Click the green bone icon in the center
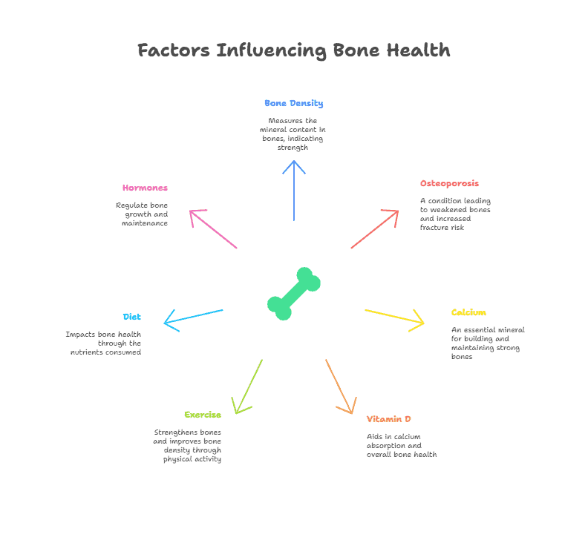pos(293,294)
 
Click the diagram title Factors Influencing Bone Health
pos(293,50)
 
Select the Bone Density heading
pos(293,103)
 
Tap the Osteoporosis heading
pos(449,183)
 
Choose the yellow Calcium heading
pos(468,312)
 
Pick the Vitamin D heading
pos(388,419)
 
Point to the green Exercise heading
pos(203,415)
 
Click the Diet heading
pos(132,317)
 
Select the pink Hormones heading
pos(145,188)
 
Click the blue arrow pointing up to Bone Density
pos(294,191)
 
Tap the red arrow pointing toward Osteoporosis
pos(375,229)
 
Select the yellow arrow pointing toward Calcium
pos(394,317)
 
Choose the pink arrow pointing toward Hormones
pos(213,229)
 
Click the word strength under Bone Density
pos(293,148)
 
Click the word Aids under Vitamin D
pos(374,437)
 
